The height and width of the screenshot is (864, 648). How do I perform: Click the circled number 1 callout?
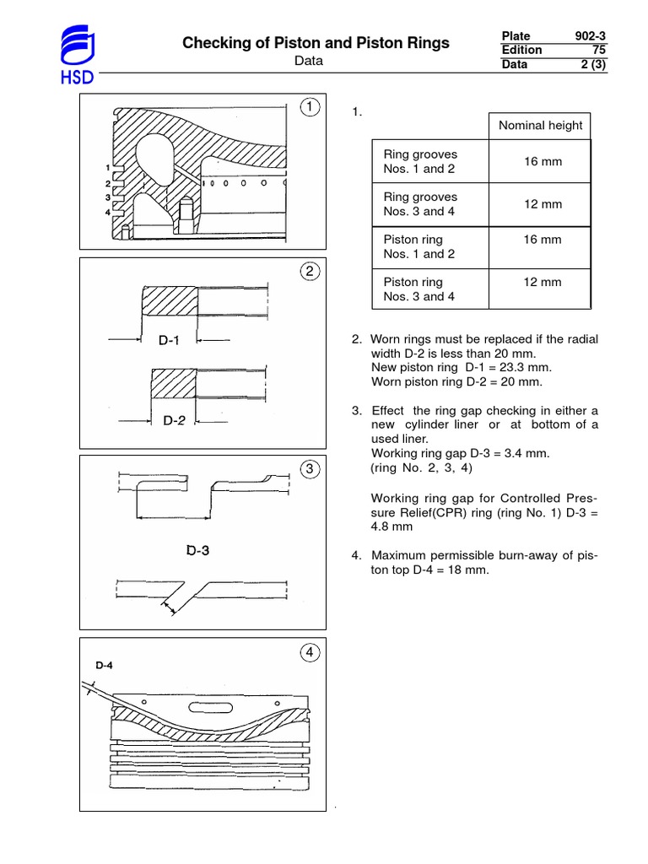tap(311, 108)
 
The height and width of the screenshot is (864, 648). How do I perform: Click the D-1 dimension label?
tap(169, 341)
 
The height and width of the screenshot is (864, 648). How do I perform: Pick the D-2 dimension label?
tap(173, 419)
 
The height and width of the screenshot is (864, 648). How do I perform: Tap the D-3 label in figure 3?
tap(198, 551)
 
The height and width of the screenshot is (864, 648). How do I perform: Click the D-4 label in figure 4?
tap(105, 665)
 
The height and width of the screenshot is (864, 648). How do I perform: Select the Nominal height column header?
tap(540, 126)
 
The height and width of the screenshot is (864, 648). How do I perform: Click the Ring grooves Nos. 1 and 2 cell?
tap(420, 161)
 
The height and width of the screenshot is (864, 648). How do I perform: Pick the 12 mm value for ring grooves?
tap(542, 204)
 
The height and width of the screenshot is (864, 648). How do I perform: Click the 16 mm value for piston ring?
tap(542, 240)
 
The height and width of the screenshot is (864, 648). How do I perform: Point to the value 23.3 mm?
tap(506, 368)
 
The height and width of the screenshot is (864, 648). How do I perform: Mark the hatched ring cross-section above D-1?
tap(170, 301)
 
